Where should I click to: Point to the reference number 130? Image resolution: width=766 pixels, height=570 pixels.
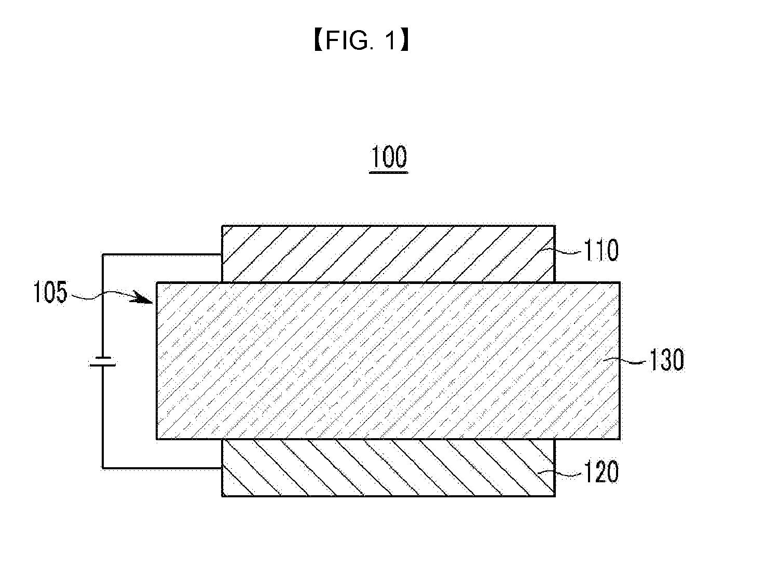[666, 360]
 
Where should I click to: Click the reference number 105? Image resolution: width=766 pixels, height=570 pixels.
[50, 293]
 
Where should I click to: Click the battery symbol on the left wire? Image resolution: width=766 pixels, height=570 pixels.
[102, 361]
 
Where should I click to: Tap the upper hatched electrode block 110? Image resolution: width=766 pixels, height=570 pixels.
[388, 254]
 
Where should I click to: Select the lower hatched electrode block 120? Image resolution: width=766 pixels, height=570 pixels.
[388, 468]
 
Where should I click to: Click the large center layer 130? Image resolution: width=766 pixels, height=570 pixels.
[388, 361]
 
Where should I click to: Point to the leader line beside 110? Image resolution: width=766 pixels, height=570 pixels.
[569, 251]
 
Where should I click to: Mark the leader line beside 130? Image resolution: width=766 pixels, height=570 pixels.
[634, 360]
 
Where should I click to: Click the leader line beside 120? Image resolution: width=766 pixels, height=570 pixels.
[569, 472]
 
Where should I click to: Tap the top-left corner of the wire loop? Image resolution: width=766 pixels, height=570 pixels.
[103, 254]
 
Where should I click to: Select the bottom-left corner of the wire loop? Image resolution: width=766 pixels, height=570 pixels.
[103, 468]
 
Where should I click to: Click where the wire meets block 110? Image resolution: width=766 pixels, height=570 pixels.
[222, 254]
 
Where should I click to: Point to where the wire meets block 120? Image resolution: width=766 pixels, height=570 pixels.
[222, 468]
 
